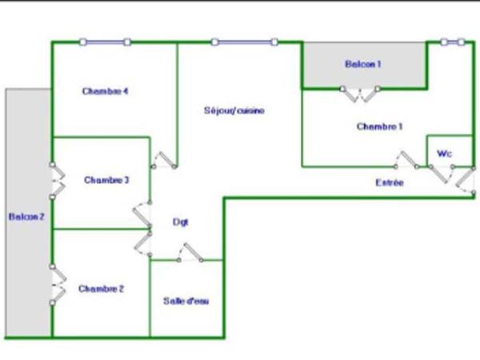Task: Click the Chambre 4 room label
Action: point(106,91)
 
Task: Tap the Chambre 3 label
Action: point(107,180)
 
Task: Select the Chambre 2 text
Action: point(101,289)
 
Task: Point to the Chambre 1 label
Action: point(379,126)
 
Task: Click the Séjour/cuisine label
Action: point(234,110)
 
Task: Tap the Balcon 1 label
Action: point(362,64)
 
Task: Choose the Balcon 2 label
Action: point(26,217)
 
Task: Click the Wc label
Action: point(444,152)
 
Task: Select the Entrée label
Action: point(390,183)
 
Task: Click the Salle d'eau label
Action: point(186,301)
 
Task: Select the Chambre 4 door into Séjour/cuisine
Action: point(166,159)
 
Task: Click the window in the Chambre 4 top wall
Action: point(105,42)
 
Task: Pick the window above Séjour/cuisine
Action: point(244,42)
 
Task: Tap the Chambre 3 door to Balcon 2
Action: point(56,181)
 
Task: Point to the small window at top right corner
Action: point(453,42)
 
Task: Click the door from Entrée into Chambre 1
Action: point(408,159)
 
